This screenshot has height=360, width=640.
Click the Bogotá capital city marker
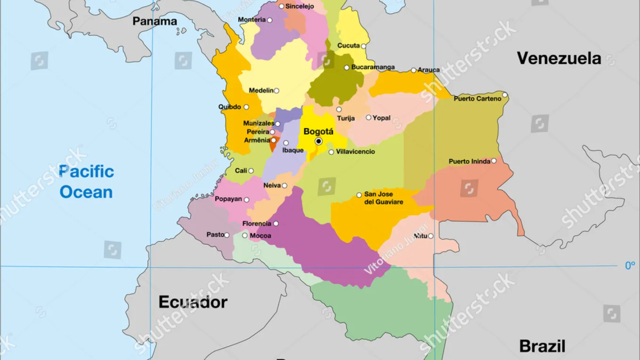point(319,141)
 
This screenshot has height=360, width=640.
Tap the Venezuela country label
point(559,58)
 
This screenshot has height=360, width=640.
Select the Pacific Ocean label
point(87,182)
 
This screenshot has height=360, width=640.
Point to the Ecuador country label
point(193,302)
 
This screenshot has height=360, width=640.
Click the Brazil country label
point(542,346)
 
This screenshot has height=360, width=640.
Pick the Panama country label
point(155,21)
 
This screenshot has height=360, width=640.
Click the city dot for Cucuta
point(363,46)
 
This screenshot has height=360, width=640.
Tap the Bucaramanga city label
point(373,67)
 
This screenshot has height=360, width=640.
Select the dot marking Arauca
point(414,70)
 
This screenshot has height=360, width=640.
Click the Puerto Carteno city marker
point(505,95)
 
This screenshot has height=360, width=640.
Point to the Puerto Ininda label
point(469,161)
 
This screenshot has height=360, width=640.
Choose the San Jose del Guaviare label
point(384,198)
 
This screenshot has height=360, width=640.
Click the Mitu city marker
point(431,236)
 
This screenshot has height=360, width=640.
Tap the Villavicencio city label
point(355,152)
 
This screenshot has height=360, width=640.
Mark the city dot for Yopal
point(368,118)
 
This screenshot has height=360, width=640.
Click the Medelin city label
point(261,90)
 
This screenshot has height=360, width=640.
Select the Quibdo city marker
point(246,107)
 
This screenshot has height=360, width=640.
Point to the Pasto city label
point(215,235)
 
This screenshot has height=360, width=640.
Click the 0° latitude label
point(630,266)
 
